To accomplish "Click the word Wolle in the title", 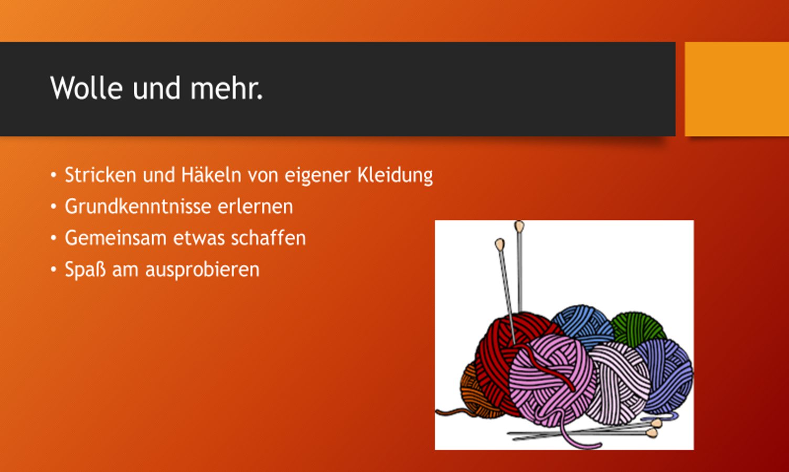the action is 87,88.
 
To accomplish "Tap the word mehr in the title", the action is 223,88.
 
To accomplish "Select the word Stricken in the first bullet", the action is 101,175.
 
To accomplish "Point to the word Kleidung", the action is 395,176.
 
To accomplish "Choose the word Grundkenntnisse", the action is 138,207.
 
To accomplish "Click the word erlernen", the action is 255,207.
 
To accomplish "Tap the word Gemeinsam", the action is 115,238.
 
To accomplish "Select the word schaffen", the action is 269,238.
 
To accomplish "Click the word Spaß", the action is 85,270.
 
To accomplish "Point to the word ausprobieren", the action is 202,270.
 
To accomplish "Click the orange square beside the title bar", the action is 737,89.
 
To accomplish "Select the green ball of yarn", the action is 637,328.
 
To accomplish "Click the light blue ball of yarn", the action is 583,326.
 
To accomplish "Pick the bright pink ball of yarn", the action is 551,380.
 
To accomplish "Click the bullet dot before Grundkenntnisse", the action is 54,207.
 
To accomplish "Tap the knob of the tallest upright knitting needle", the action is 519,226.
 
